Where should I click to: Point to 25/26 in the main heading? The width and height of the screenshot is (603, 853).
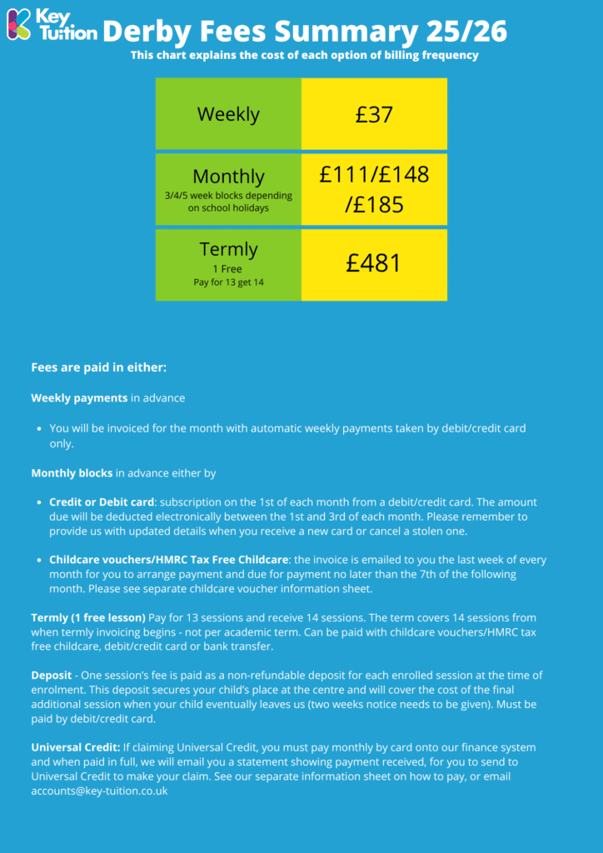point(466,32)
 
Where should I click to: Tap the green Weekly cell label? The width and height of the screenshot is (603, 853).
point(228,114)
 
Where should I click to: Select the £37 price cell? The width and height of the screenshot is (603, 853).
point(374,114)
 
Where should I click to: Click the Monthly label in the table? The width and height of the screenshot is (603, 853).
point(228,177)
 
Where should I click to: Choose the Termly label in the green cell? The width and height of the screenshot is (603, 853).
point(228,249)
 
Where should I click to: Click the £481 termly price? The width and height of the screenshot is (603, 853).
point(374,263)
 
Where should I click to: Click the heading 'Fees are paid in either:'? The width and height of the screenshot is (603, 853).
point(99,367)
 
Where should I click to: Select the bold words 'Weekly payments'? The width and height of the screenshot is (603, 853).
point(79,398)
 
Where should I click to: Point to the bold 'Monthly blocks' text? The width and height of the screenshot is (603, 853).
point(72,473)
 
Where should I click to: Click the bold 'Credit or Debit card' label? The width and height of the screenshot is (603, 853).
point(102,502)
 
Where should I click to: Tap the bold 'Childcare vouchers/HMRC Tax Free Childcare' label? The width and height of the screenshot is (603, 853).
point(168,560)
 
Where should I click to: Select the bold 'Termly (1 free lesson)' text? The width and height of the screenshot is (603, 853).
point(88,617)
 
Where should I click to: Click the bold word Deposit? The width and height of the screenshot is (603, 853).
point(52,675)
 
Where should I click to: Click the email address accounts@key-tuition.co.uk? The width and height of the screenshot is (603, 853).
point(99,791)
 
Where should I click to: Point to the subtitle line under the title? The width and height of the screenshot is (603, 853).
point(305,56)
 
